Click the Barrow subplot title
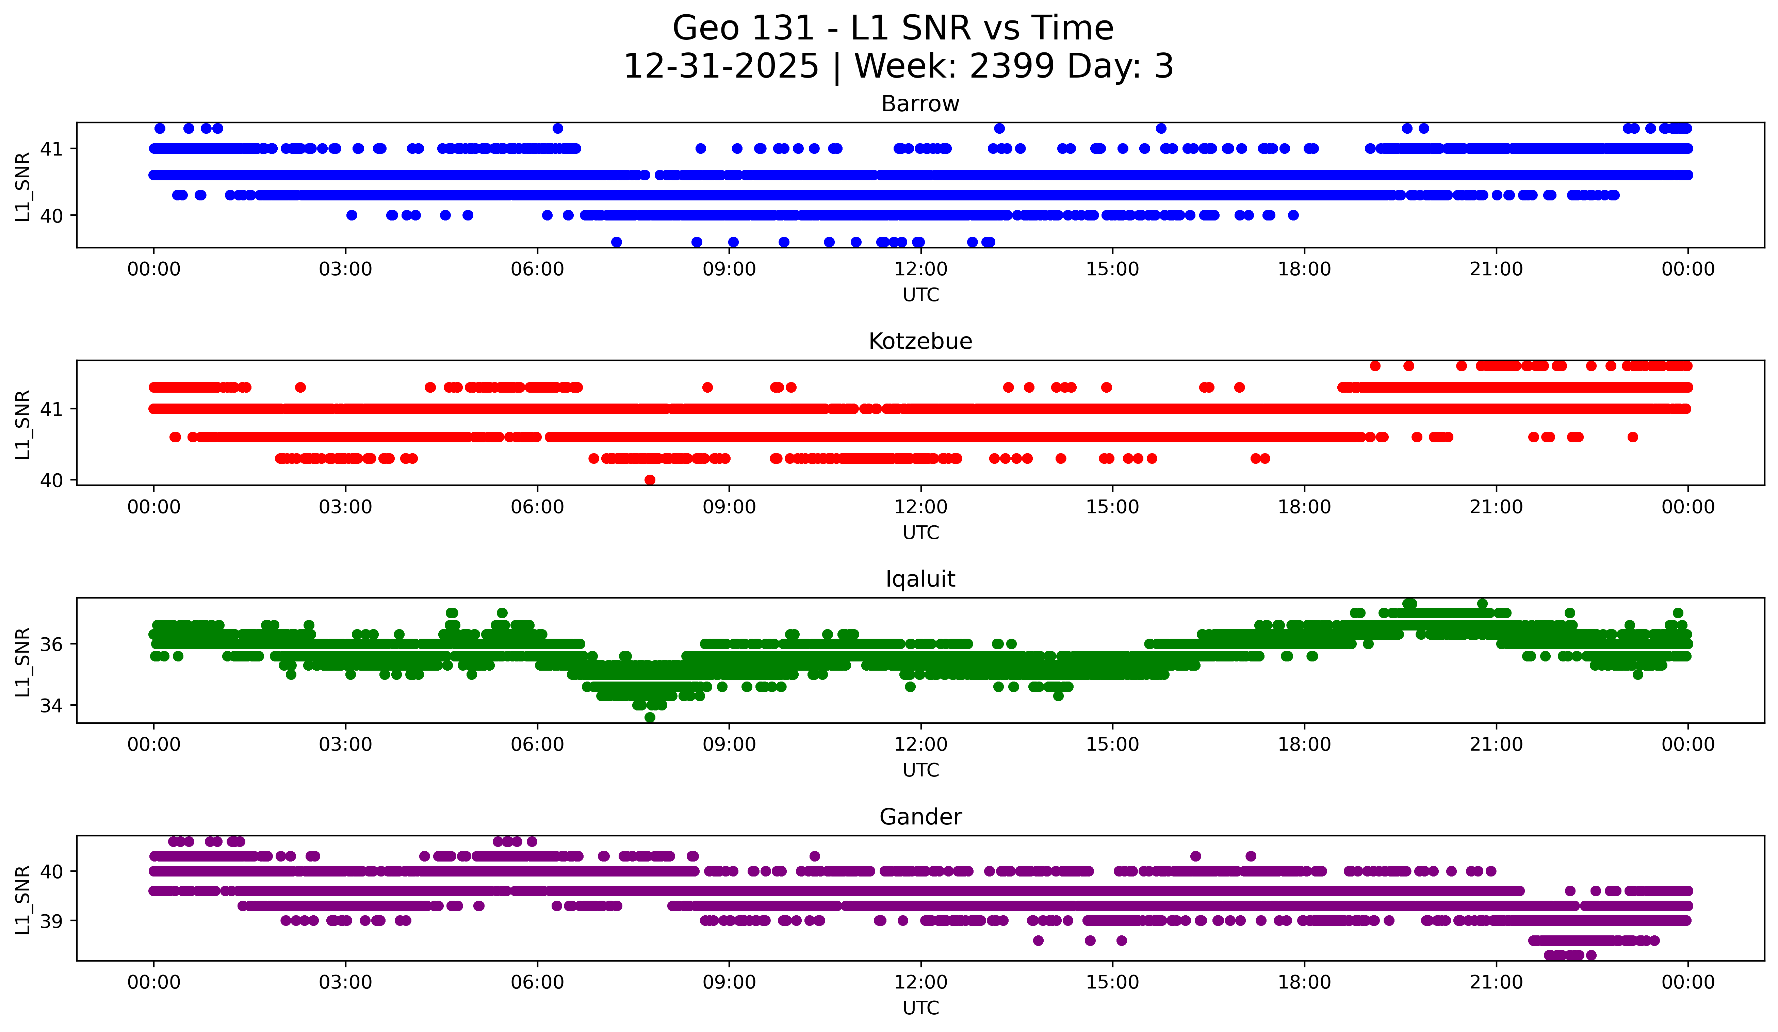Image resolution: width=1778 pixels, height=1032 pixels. tap(920, 104)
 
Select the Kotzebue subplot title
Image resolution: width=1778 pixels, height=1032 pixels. tap(920, 341)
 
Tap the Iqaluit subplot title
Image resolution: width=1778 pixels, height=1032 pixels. tap(920, 579)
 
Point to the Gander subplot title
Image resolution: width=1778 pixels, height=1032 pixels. tap(920, 817)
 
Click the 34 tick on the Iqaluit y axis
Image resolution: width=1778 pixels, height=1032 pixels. tap(51, 705)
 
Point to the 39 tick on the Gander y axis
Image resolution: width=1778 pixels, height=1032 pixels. tap(51, 921)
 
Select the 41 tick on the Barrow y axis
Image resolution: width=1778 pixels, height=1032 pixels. tap(51, 149)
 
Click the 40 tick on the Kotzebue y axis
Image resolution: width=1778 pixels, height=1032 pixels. tap(51, 480)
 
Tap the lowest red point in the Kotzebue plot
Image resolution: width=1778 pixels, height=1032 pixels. tap(650, 480)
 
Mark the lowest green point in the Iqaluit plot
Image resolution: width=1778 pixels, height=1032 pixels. tap(650, 717)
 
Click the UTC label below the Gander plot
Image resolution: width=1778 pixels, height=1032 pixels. tap(921, 1008)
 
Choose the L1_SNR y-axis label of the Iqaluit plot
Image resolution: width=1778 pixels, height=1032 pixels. tap(22, 662)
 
